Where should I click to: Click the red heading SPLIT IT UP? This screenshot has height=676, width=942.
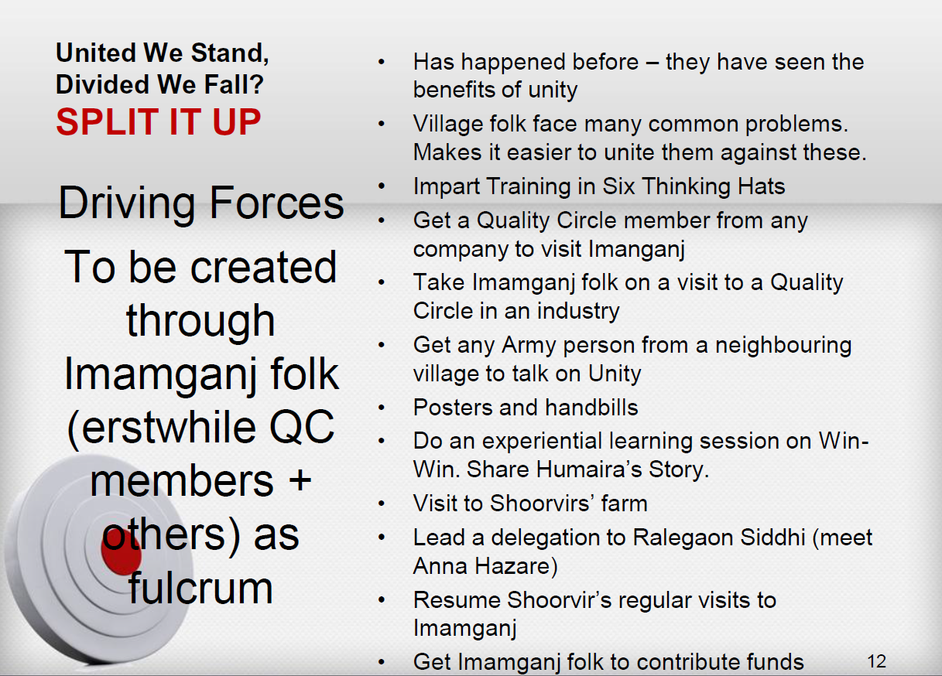point(158,122)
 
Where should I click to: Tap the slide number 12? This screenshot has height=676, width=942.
point(876,661)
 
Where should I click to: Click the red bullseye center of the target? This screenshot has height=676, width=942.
point(121,554)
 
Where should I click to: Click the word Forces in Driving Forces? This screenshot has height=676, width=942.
point(276,203)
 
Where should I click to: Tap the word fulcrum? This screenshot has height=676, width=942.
point(200,588)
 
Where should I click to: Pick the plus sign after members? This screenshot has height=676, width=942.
point(300,480)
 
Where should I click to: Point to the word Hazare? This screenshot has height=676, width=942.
point(512,565)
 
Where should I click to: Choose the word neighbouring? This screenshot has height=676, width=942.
point(783,347)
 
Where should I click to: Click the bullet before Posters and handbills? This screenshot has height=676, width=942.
point(382,408)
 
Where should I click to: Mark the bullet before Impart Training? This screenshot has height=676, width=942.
point(382,186)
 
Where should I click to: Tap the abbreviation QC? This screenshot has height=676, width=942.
point(302,428)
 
